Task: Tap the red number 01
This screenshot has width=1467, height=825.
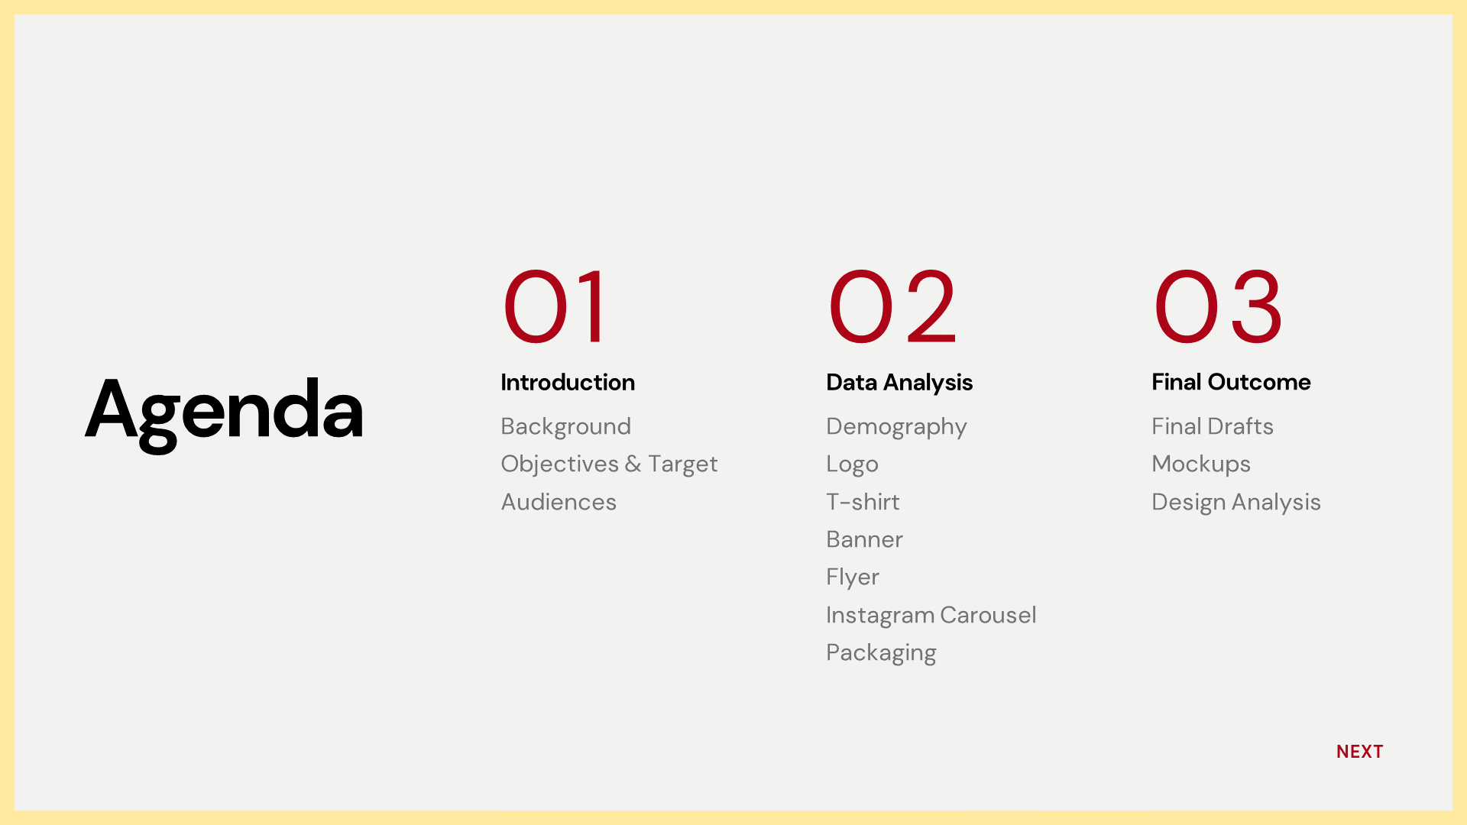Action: (x=555, y=307)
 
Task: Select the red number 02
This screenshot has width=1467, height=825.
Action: (x=892, y=307)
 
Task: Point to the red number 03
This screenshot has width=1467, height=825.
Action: (x=1218, y=307)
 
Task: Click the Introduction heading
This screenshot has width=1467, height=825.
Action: (x=568, y=382)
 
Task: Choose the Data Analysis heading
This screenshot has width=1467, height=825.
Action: (x=899, y=383)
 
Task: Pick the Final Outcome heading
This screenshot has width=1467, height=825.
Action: (x=1231, y=382)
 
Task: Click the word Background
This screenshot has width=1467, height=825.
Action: (x=565, y=426)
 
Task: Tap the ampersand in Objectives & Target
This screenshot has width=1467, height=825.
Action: (x=633, y=464)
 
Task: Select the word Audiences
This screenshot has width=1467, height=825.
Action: (x=559, y=502)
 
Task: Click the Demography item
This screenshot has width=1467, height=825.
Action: (x=896, y=427)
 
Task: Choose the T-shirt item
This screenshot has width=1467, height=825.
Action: (x=863, y=502)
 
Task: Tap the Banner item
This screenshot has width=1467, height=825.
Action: (x=864, y=539)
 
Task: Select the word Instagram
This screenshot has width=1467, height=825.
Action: (x=880, y=616)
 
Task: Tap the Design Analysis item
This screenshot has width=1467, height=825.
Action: (x=1236, y=503)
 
